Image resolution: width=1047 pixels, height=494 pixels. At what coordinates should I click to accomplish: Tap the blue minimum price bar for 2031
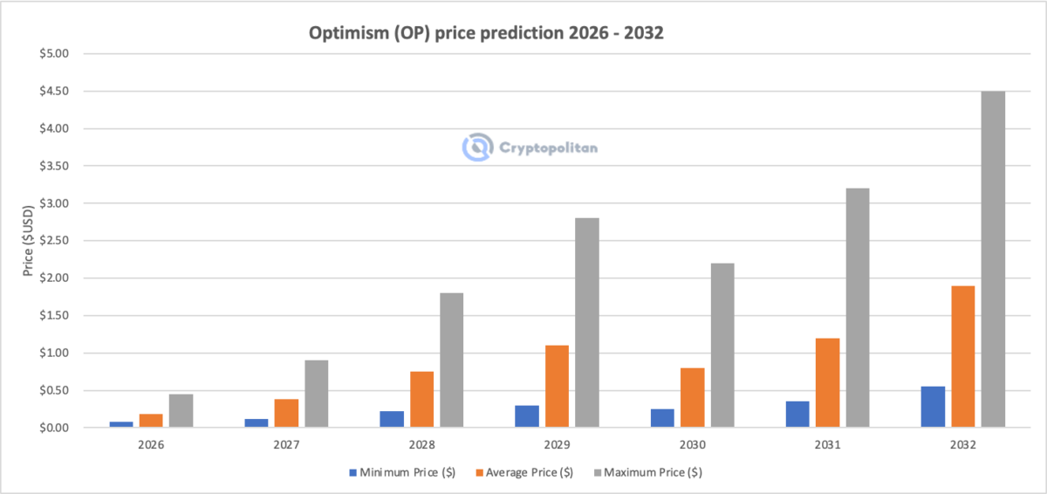797,415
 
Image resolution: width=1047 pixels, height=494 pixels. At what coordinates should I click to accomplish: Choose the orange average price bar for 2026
151,421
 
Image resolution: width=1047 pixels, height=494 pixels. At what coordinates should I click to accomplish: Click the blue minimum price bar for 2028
392,419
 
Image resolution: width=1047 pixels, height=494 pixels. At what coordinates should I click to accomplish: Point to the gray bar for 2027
316,394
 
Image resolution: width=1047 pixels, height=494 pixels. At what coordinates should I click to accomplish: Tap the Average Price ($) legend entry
523,473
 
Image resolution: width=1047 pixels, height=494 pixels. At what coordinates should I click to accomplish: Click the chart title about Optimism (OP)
488,32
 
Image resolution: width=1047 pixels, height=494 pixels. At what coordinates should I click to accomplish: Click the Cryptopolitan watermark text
548,148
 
